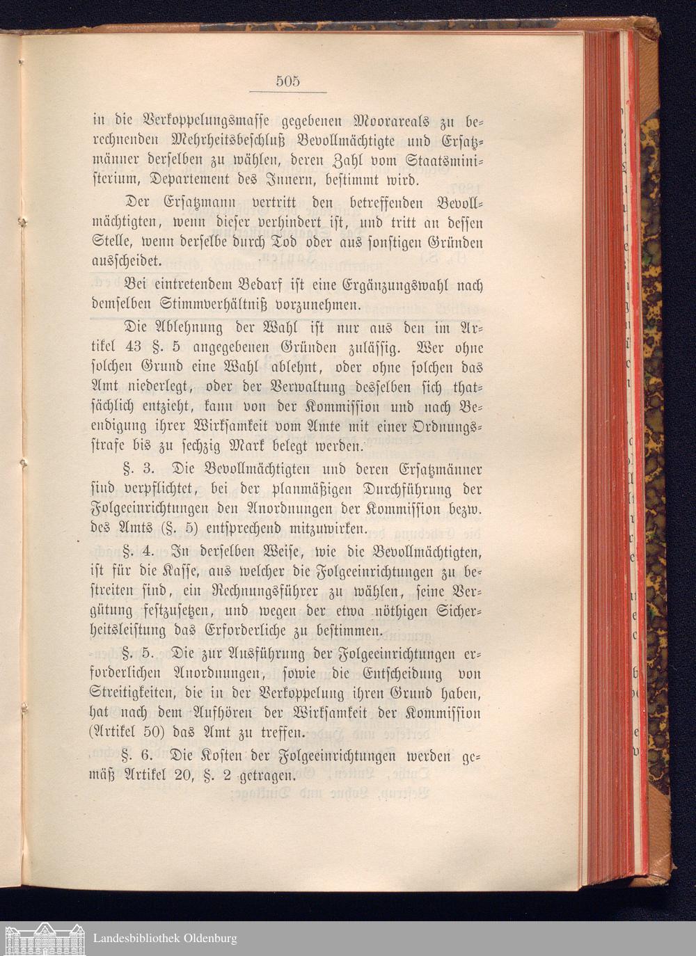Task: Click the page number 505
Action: click(x=287, y=81)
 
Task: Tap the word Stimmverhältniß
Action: click(x=219, y=305)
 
